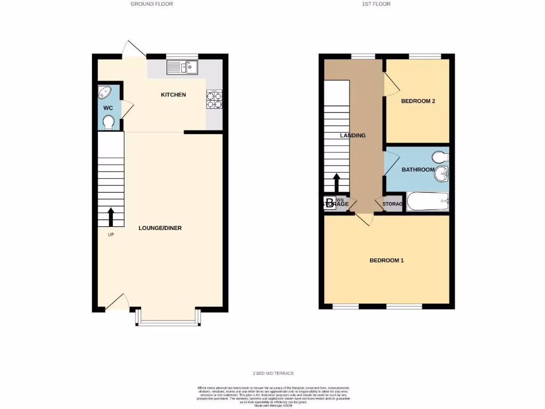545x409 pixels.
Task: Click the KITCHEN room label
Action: coord(174,95)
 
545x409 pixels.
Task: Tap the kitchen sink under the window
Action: coord(182,67)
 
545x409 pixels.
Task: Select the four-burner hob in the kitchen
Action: coord(214,99)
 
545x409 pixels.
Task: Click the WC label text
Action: coord(108,108)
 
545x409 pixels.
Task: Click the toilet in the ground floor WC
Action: coord(109,123)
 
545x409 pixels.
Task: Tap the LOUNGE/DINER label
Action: coord(160,228)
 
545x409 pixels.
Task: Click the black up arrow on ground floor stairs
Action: coord(111,217)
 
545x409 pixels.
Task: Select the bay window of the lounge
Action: coord(168,318)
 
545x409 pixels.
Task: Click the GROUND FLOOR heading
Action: coord(152,4)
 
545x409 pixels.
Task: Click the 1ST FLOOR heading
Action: coord(377,4)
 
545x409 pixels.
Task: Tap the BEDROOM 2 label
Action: coord(418,101)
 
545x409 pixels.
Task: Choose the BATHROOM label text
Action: coord(417,170)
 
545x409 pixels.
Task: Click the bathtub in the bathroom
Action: coord(428,202)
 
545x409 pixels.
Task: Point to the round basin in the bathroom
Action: coord(442,173)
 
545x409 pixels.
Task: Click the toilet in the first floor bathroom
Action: coord(441,157)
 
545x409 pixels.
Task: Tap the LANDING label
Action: coord(353,135)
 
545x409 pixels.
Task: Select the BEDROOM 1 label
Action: coord(387,260)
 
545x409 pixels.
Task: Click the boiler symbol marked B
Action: coord(329,203)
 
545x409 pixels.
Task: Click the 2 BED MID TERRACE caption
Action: coord(273,373)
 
